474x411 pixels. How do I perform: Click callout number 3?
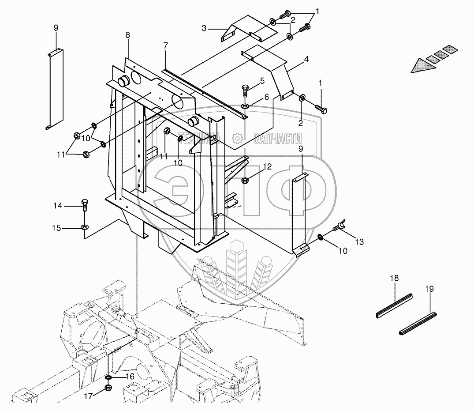pos(204,29)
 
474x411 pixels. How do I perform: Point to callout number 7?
pos(165,45)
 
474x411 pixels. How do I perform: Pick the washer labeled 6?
pos(245,106)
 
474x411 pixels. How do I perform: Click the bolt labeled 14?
pos(85,206)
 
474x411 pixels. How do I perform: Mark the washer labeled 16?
pos(108,378)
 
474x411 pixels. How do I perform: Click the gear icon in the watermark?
pos(237,139)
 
